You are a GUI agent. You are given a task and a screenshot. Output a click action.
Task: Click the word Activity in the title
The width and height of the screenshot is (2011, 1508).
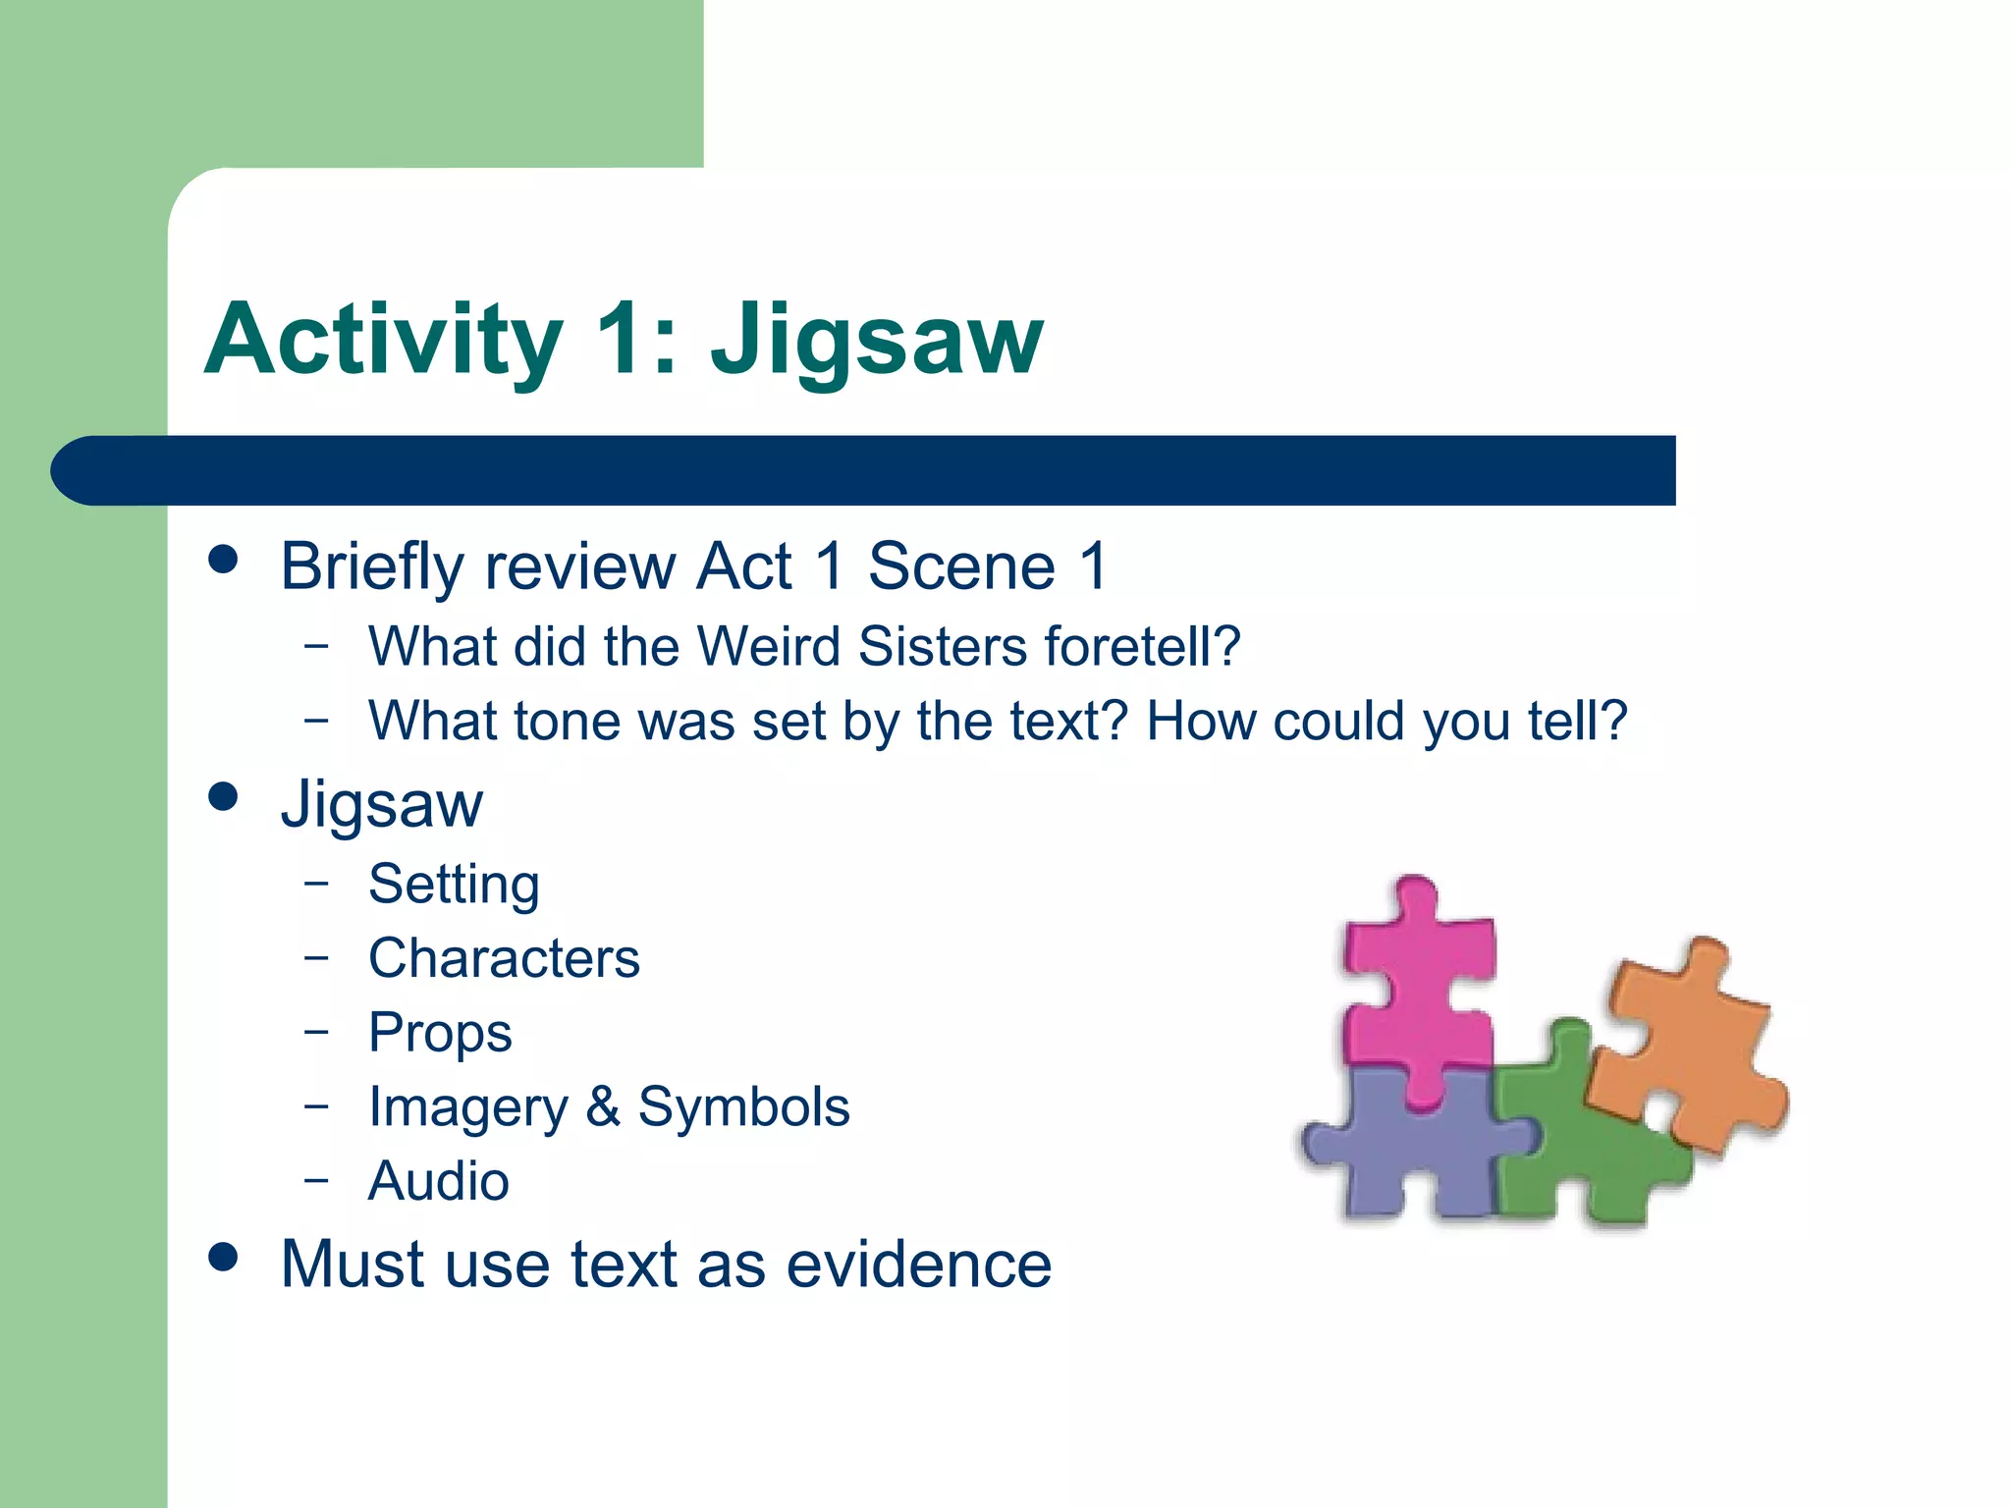(383, 339)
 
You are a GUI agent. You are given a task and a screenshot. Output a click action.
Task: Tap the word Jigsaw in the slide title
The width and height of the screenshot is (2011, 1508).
(877, 339)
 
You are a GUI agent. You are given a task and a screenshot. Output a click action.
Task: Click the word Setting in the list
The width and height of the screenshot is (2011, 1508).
(454, 884)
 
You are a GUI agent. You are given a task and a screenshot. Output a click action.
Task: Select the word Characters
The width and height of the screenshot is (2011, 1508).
(504, 958)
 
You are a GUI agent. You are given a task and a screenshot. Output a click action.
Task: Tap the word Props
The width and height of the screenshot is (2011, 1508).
(440, 1033)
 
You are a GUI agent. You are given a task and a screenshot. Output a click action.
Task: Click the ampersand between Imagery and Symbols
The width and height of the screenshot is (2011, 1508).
(603, 1106)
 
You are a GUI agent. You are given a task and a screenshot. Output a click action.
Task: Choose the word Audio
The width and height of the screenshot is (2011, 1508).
(438, 1181)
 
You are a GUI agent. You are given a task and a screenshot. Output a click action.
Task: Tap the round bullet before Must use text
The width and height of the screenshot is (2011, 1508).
(224, 1258)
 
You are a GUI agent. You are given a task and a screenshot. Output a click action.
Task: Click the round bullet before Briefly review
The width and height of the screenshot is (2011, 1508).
(224, 560)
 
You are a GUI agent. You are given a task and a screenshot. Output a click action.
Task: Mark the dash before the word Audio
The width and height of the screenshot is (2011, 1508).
(315, 1178)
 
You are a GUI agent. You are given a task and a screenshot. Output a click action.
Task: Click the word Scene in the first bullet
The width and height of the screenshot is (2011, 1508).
(961, 566)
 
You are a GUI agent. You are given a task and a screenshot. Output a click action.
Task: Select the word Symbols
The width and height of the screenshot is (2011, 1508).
(743, 1106)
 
